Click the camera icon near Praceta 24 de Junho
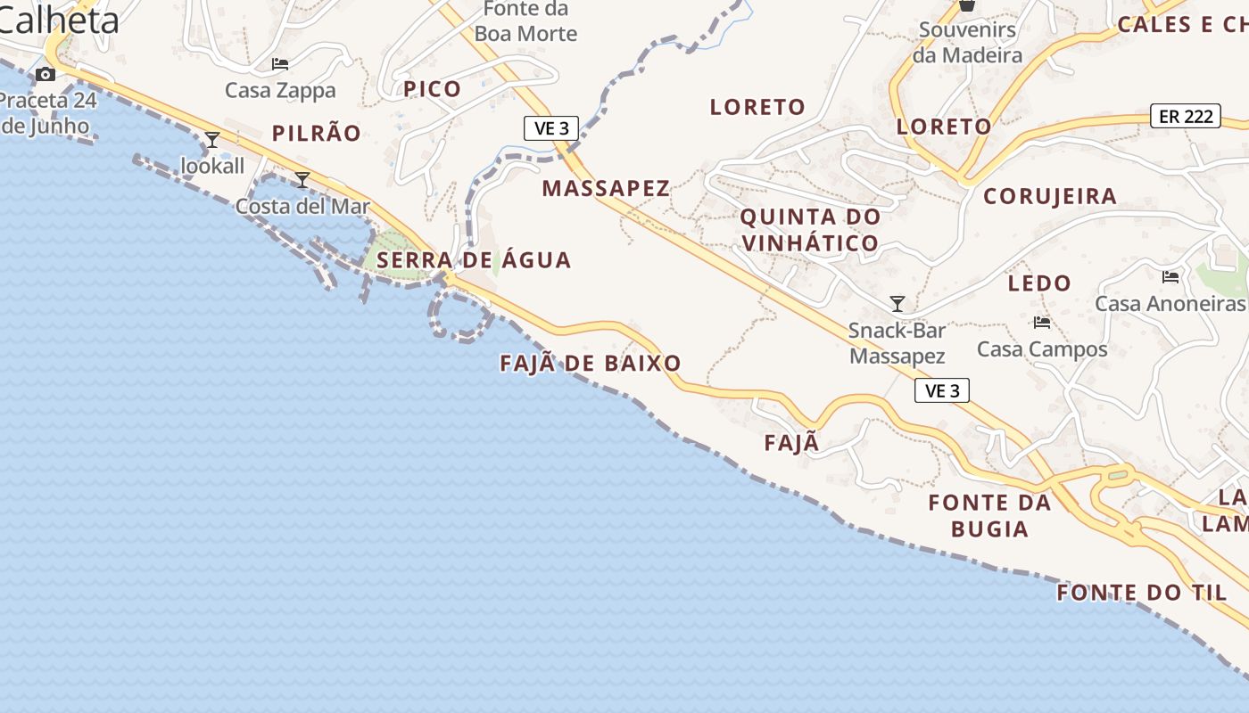[x=45, y=74]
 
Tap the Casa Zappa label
[x=280, y=90]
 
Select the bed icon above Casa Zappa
[x=280, y=64]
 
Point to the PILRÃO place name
[x=317, y=134]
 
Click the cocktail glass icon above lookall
[x=212, y=140]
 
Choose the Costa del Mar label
[x=302, y=206]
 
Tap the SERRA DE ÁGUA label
[x=474, y=260]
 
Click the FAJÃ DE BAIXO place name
[x=591, y=363]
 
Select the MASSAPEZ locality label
[x=606, y=188]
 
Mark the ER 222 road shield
[x=1185, y=116]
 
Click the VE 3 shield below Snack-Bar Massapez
[x=942, y=390]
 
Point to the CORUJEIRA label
[x=1050, y=196]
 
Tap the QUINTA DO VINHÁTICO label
[x=810, y=229]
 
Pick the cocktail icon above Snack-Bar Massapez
[x=897, y=304]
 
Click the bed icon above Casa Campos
[x=1042, y=323]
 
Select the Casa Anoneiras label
[x=1170, y=304]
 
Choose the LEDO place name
[x=1039, y=283]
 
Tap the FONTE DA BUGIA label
[x=989, y=515]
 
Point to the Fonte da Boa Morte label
[x=525, y=21]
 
